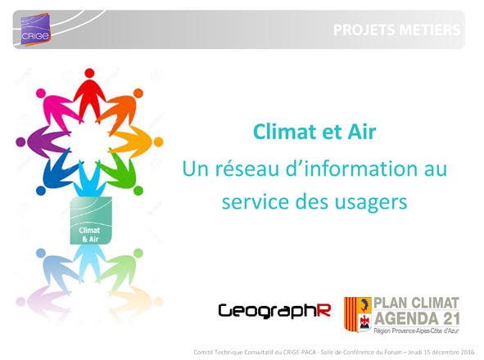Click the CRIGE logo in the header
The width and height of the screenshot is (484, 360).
click(35, 29)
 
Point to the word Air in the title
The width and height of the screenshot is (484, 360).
click(362, 132)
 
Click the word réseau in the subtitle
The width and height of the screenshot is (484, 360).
click(247, 169)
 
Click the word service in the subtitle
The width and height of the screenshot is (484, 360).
click(256, 202)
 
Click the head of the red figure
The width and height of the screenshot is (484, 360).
click(89, 73)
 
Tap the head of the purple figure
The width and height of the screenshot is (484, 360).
click(20, 142)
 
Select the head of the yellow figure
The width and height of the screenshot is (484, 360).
click(158, 142)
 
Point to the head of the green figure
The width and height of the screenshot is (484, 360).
click(138, 191)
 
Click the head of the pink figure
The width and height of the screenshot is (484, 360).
click(41, 93)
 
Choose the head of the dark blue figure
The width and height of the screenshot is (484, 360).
click(41, 191)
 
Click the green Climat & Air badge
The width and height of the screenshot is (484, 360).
click(91, 221)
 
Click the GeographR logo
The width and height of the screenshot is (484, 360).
click(274, 311)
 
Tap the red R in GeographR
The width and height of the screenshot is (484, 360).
click(323, 310)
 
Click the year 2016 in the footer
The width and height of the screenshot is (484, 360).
click(468, 352)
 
